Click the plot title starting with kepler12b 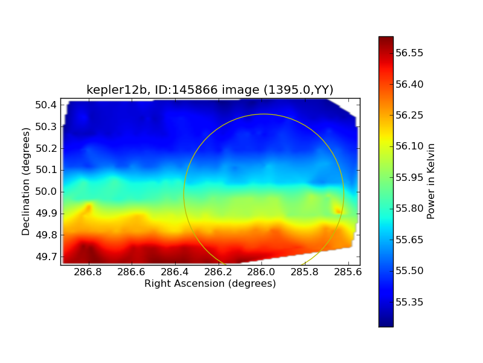pos(210,90)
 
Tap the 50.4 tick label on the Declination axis pos(45,105)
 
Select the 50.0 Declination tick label pos(45,191)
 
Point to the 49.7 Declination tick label pos(45,257)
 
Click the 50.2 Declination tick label pos(45,148)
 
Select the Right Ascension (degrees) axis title pos(210,283)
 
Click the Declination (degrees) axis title pos(26,181)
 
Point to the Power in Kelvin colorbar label pos(431,181)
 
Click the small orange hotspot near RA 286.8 pos(88,209)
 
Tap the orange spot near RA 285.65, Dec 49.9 pos(338,211)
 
